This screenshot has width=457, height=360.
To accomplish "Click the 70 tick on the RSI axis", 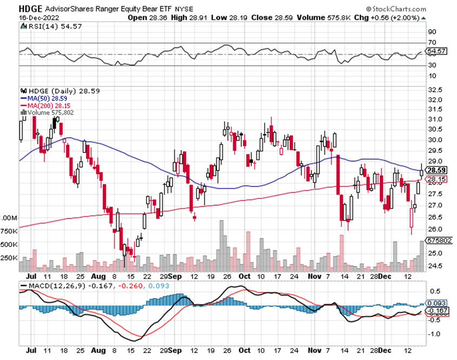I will click(x=432, y=42).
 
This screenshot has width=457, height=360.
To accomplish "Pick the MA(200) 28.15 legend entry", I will click(x=47, y=106).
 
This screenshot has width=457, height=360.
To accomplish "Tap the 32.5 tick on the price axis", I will click(x=436, y=90).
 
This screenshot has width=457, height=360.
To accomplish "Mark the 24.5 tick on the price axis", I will click(x=436, y=266).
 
